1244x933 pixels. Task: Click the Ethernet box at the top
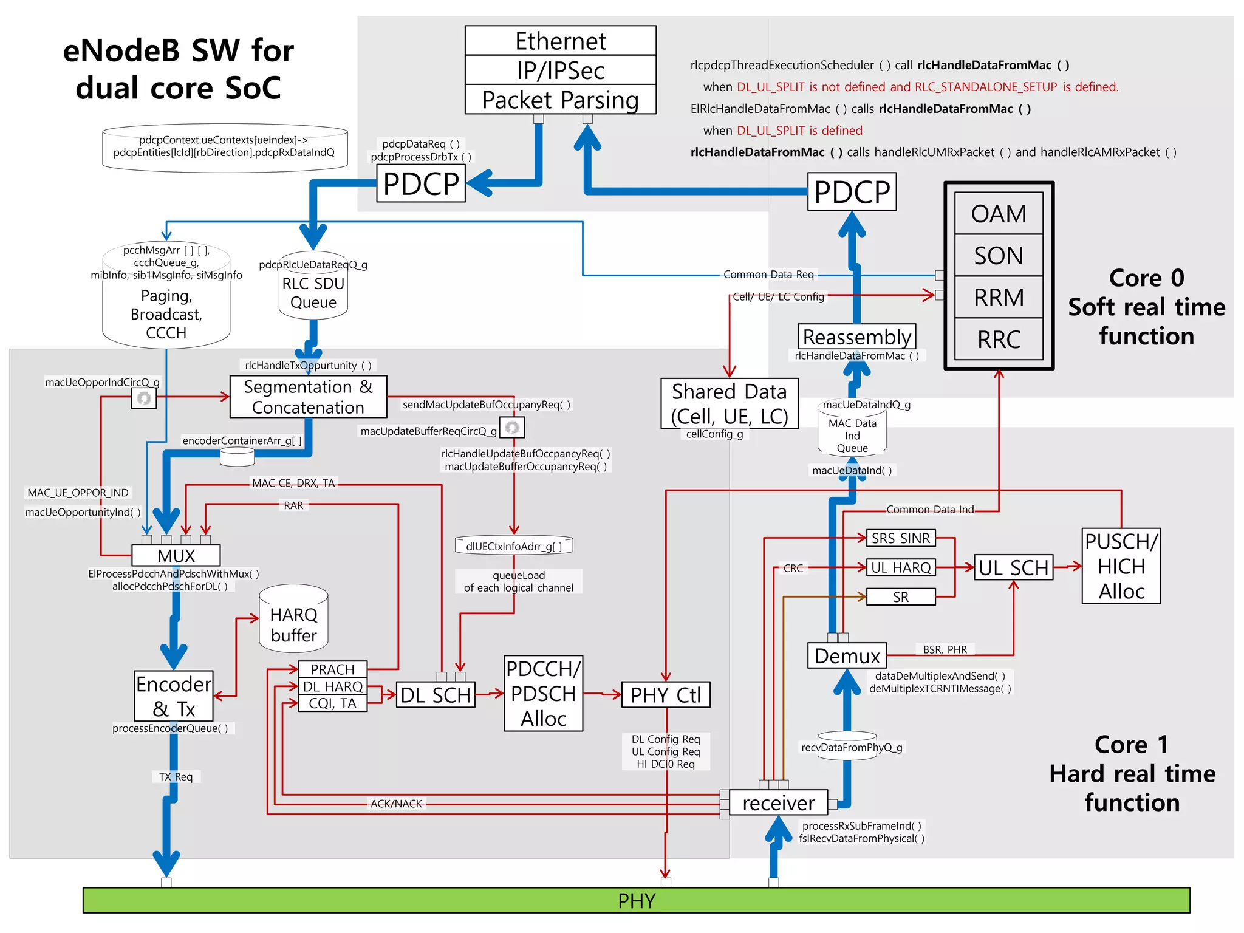pos(560,41)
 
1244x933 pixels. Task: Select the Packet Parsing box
pos(560,100)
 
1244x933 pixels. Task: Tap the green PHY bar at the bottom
pos(636,900)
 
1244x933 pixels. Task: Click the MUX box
pos(176,555)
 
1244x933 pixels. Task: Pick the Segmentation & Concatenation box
pos(308,397)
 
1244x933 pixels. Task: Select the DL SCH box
pos(436,695)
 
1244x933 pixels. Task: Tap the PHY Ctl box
pos(665,695)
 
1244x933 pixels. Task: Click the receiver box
pos(778,803)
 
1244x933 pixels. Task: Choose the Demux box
pos(847,656)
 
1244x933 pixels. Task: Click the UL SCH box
pos(1013,567)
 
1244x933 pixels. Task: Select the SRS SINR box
pos(900,538)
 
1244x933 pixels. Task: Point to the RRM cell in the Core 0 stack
pos(999,298)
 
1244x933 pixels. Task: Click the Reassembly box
pos(856,337)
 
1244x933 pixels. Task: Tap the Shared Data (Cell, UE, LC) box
pos(729,404)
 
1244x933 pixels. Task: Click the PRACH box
pos(332,669)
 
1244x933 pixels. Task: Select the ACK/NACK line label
pos(396,804)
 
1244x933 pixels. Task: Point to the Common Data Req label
pos(768,275)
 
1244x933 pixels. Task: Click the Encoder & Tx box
pos(174,696)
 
